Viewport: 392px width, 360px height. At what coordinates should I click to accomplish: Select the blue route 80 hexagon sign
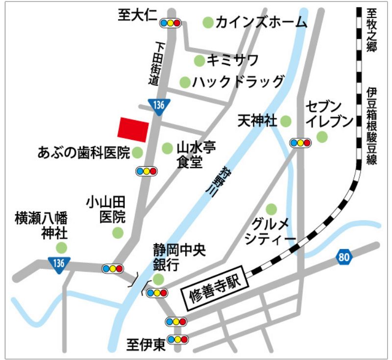[x=344, y=256]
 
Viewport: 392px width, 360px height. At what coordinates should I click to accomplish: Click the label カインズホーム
[x=261, y=23]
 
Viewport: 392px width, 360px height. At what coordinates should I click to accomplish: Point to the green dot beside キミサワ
[x=199, y=60]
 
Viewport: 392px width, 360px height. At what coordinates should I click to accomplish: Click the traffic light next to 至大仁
[x=170, y=23]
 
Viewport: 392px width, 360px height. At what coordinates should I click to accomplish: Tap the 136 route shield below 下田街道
[x=158, y=106]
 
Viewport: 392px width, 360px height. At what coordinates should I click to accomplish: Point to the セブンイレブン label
[x=330, y=113]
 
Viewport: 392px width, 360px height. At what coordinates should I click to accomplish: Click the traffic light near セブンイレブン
[x=300, y=143]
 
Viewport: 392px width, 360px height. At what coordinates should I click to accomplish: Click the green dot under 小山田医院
[x=118, y=232]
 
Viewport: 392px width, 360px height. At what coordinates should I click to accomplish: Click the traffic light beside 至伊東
[x=177, y=339]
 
